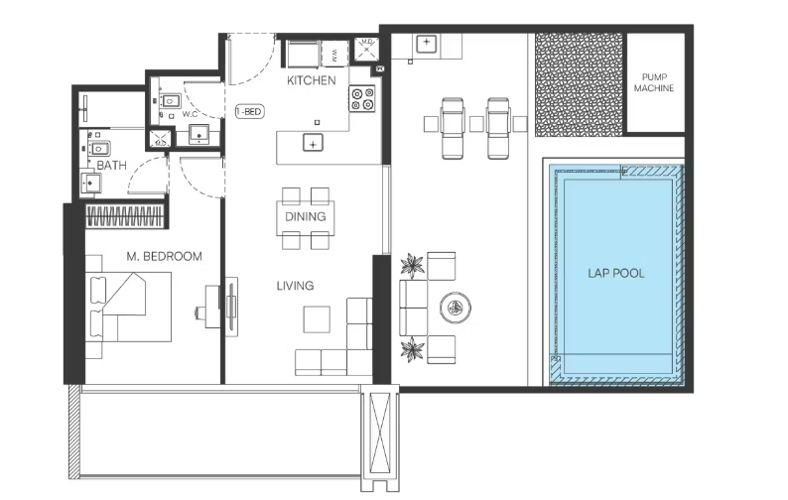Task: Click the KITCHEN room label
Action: pyautogui.click(x=311, y=80)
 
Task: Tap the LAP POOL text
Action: pyautogui.click(x=616, y=274)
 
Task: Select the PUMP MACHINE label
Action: pyautogui.click(x=654, y=83)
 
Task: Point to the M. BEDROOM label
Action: pyautogui.click(x=165, y=256)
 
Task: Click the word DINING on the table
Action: pyautogui.click(x=306, y=216)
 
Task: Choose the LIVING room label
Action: pyautogui.click(x=295, y=286)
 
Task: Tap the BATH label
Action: pyautogui.click(x=111, y=166)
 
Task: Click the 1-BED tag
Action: pyautogui.click(x=250, y=111)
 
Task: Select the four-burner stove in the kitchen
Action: pyautogui.click(x=362, y=98)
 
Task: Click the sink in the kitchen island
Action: pyautogui.click(x=313, y=143)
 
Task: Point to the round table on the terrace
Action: pyautogui.click(x=456, y=309)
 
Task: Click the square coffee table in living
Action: pyautogui.click(x=317, y=319)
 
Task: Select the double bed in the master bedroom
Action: pyautogui.click(x=128, y=307)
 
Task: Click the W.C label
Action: pyautogui.click(x=190, y=114)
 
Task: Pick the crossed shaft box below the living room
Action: pyautogui.click(x=379, y=436)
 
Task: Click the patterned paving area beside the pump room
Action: pyautogui.click(x=579, y=84)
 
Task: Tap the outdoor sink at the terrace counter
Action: pyautogui.click(x=426, y=44)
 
